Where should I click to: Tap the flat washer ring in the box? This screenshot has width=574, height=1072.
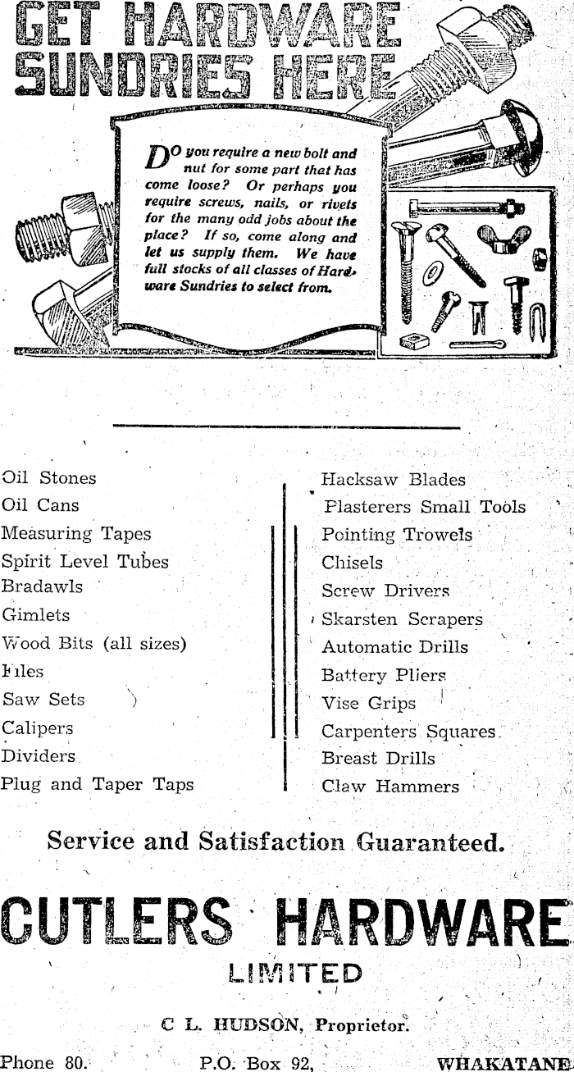click(x=430, y=275)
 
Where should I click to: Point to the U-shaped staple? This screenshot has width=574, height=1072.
click(x=539, y=317)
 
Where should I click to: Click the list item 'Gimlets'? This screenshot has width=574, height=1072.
click(x=36, y=615)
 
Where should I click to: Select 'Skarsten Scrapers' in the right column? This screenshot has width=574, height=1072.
click(x=402, y=620)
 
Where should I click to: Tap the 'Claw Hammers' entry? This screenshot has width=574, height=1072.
click(x=390, y=787)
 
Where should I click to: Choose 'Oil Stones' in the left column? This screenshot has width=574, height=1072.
click(x=49, y=477)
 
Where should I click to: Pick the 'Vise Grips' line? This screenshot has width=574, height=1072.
click(x=368, y=704)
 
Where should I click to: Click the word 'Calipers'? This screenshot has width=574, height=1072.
click(x=38, y=728)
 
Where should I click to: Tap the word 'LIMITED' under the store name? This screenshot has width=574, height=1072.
click(x=296, y=974)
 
